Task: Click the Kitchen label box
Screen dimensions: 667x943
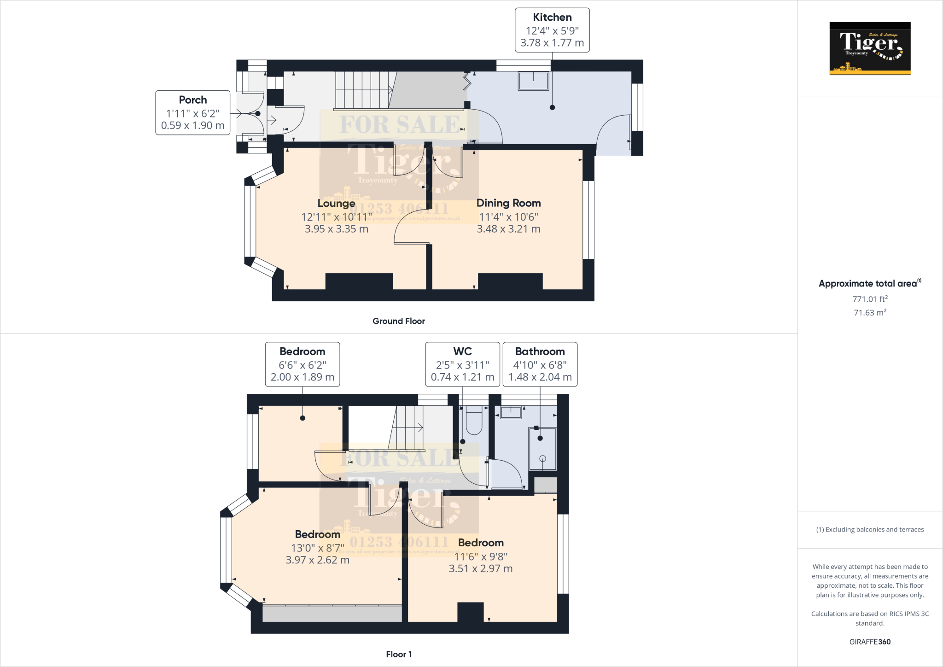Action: pyautogui.click(x=552, y=30)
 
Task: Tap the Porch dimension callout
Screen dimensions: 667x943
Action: pyautogui.click(x=192, y=113)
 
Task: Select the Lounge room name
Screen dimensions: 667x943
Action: pyautogui.click(x=336, y=203)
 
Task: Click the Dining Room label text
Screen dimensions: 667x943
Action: pyautogui.click(x=508, y=203)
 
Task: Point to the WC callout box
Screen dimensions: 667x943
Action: pyautogui.click(x=462, y=364)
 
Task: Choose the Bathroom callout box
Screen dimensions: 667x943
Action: pyautogui.click(x=540, y=364)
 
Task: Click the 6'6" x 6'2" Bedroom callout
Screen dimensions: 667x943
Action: pyautogui.click(x=302, y=364)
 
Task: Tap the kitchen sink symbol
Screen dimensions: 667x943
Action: pyautogui.click(x=534, y=81)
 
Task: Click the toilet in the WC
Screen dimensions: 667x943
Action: pyautogui.click(x=474, y=420)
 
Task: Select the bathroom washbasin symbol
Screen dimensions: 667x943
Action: pyautogui.click(x=511, y=412)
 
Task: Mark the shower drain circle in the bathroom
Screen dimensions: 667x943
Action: pyautogui.click(x=542, y=458)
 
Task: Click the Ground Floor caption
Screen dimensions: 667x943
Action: pyautogui.click(x=398, y=321)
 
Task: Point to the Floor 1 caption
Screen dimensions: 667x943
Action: pyautogui.click(x=399, y=654)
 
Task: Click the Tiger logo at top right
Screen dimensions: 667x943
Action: pyautogui.click(x=870, y=48)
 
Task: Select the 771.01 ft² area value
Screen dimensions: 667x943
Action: pyautogui.click(x=870, y=299)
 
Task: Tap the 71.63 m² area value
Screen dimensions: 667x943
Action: pyautogui.click(x=870, y=312)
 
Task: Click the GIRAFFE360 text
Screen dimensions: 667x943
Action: pyautogui.click(x=870, y=642)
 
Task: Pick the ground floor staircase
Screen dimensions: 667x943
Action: pyautogui.click(x=364, y=90)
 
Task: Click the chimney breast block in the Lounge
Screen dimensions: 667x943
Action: pyautogui.click(x=359, y=281)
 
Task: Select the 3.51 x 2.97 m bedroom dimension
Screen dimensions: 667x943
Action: pyautogui.click(x=481, y=568)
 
